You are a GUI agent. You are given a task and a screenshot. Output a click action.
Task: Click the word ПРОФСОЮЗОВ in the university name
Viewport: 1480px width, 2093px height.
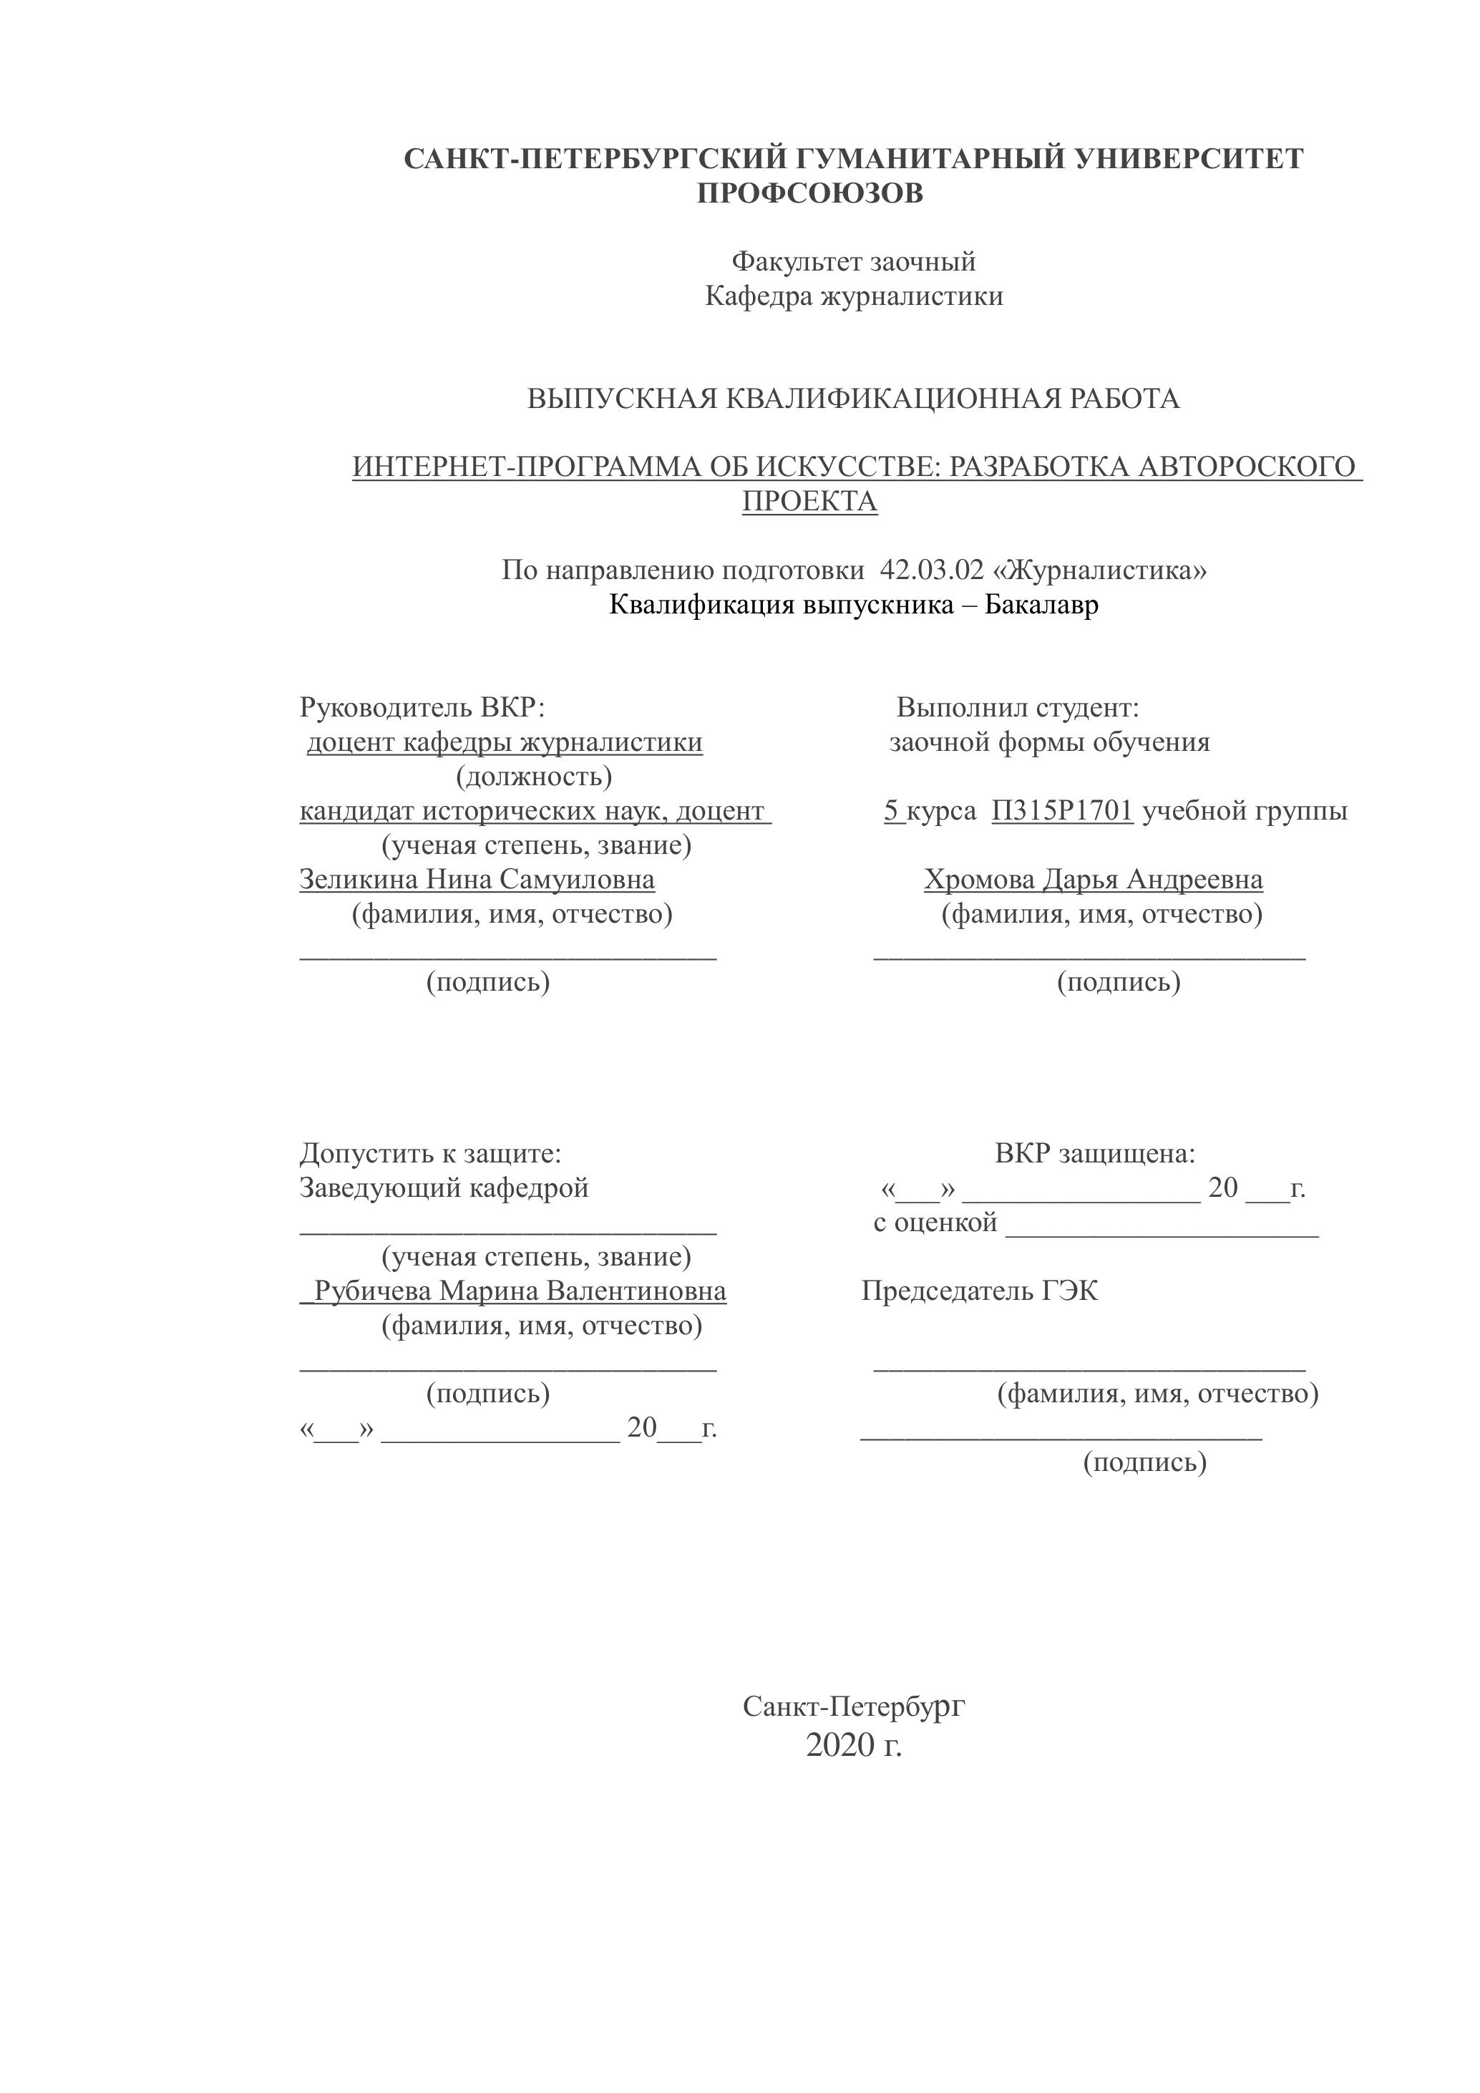point(809,193)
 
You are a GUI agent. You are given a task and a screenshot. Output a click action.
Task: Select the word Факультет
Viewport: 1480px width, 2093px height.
point(797,262)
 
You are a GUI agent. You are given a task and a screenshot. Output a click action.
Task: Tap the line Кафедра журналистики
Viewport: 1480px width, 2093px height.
point(854,296)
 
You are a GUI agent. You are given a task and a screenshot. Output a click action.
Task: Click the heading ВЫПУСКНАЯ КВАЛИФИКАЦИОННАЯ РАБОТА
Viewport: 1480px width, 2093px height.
point(853,399)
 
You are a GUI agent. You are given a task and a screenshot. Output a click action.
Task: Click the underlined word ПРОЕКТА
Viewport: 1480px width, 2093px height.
point(809,501)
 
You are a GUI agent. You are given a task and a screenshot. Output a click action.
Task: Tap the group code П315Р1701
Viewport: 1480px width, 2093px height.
point(1062,810)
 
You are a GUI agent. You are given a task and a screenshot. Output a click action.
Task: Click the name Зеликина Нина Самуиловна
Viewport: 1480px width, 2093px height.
point(477,880)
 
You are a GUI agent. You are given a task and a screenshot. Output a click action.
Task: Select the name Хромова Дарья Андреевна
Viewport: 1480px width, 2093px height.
point(1093,880)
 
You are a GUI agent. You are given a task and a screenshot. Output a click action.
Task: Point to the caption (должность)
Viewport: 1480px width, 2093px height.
point(533,777)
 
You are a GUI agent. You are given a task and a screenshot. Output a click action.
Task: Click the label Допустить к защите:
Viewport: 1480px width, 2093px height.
point(430,1154)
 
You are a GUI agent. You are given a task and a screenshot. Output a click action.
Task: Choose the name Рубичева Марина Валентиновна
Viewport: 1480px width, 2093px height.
point(520,1292)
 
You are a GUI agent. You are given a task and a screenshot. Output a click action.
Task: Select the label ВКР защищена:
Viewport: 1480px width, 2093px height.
point(1094,1154)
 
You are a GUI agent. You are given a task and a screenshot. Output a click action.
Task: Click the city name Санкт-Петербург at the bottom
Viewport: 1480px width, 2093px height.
point(853,1706)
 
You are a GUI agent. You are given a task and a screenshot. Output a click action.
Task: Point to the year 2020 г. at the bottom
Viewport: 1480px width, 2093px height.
point(853,1745)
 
